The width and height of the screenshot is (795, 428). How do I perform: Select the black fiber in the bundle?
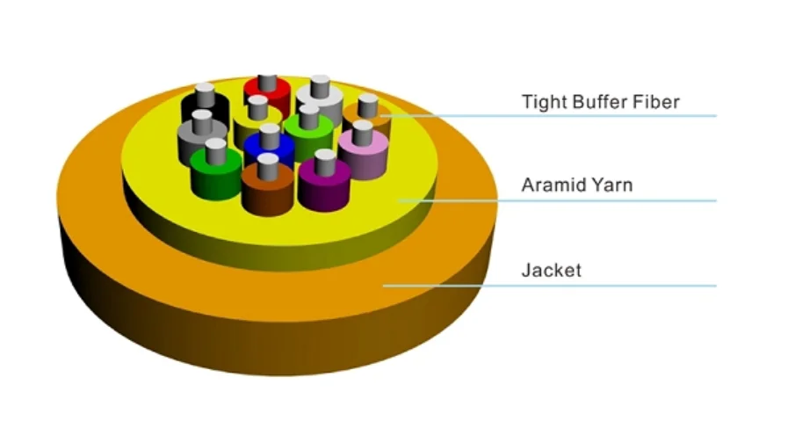[x=205, y=111]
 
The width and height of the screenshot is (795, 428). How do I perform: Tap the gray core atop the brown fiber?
[x=268, y=162]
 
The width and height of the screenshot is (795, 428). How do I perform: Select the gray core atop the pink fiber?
[x=362, y=130]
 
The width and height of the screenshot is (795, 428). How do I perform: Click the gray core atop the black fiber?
[x=206, y=91]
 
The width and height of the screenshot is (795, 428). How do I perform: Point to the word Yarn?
[x=613, y=185]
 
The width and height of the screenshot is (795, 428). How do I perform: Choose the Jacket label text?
[x=551, y=270]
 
